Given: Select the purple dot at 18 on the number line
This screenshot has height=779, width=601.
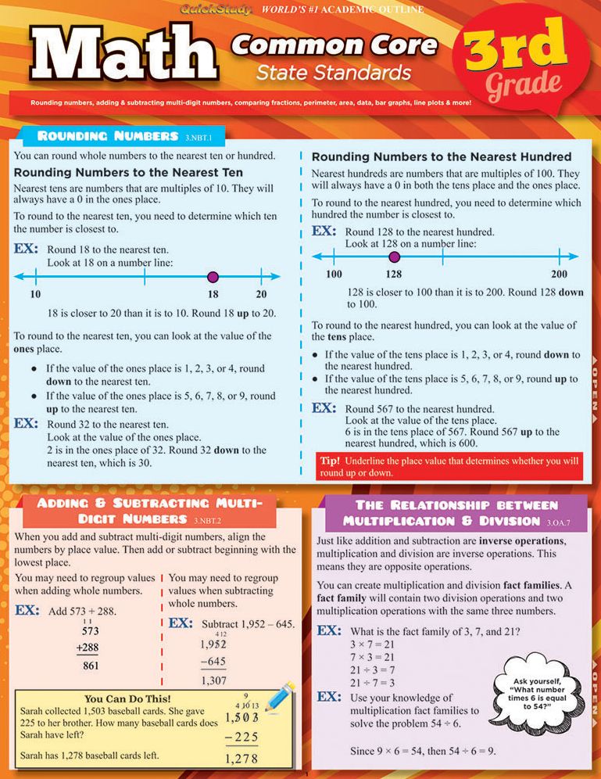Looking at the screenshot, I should coord(213,276).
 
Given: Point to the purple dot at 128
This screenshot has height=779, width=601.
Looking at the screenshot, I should coord(394,256).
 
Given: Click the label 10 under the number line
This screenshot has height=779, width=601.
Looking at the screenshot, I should coord(35,294).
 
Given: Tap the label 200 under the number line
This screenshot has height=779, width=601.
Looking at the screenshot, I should coord(559,274).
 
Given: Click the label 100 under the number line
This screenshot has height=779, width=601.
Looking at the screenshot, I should coord(334,274).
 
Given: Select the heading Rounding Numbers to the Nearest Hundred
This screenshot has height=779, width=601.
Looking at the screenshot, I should coord(441,156).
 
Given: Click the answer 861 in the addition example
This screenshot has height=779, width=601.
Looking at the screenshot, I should coord(91,666).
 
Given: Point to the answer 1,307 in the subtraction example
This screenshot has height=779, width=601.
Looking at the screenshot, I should coord(213,681).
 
